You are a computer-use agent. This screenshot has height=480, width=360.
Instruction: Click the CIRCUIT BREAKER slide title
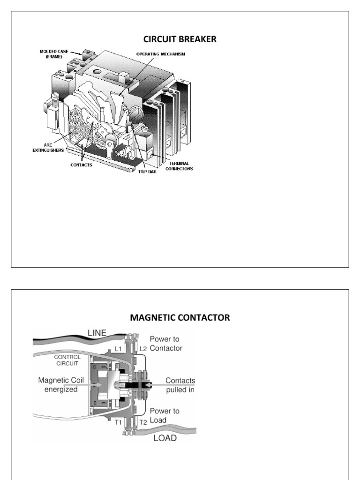[180, 39]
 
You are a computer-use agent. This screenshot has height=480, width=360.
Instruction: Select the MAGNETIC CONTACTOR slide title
[180, 318]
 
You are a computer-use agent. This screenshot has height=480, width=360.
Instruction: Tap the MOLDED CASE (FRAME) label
[52, 53]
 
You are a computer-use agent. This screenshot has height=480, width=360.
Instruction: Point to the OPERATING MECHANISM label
[161, 54]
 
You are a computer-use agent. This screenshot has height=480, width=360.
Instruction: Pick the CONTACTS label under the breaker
[82, 165]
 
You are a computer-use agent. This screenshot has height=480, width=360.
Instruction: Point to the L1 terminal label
[119, 349]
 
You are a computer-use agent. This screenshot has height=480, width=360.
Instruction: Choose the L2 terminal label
[144, 349]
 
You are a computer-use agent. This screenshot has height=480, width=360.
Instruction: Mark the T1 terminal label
[119, 421]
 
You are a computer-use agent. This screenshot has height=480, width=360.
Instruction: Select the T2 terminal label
[144, 421]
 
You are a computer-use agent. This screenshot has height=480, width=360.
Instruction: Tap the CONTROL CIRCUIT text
[67, 360]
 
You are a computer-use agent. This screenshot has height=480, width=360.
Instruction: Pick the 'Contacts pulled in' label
[180, 385]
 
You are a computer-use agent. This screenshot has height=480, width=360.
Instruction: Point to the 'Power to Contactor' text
[166, 344]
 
